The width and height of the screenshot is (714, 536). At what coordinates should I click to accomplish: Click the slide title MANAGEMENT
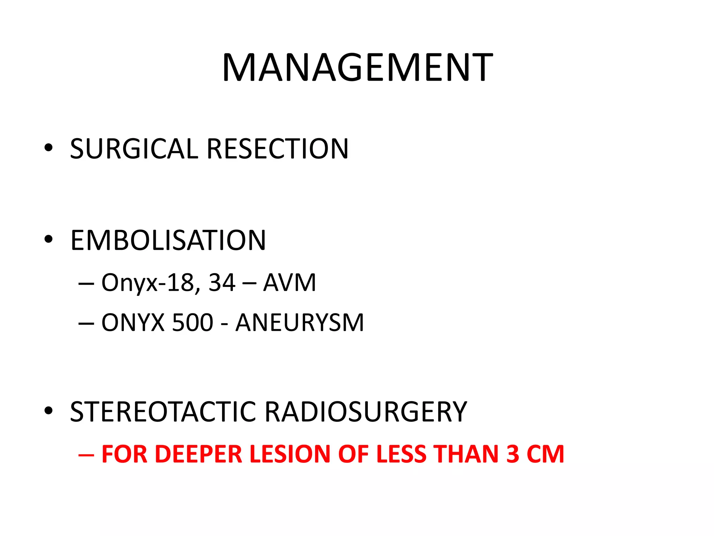click(x=357, y=68)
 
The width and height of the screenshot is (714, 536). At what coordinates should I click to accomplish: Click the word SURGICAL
click(x=134, y=149)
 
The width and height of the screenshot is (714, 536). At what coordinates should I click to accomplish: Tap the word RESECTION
click(x=278, y=149)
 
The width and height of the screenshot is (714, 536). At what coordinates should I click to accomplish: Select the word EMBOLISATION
click(x=168, y=240)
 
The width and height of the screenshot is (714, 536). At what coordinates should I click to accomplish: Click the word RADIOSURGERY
click(x=366, y=412)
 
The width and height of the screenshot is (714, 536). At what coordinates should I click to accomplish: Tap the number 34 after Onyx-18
click(x=222, y=283)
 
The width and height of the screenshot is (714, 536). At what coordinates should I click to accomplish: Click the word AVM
click(x=289, y=283)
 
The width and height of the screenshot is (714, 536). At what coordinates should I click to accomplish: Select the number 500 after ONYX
click(x=192, y=322)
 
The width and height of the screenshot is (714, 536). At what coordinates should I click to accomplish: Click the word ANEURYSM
click(x=300, y=322)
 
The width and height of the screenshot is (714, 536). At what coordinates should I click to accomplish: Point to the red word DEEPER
click(x=198, y=454)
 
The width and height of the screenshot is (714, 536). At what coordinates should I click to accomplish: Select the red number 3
click(x=513, y=454)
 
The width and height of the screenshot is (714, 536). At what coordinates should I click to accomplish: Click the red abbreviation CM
click(x=545, y=454)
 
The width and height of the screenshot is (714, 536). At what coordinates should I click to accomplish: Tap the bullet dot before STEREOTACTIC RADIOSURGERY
click(x=48, y=411)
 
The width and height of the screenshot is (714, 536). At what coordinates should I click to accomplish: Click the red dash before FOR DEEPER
click(x=86, y=455)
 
